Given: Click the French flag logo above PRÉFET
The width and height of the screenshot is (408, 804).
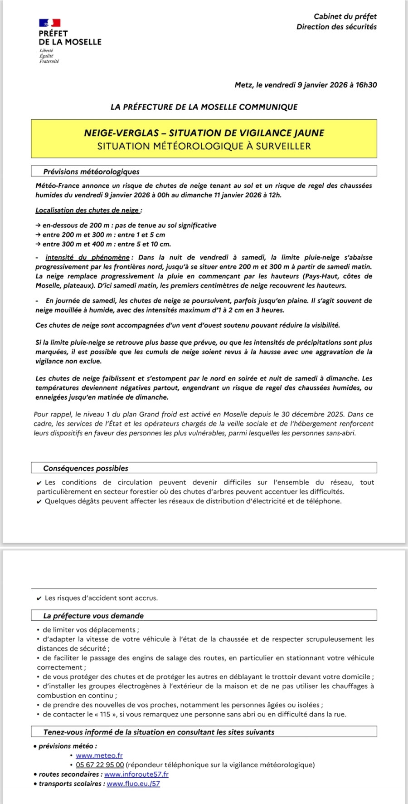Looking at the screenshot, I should (x=50, y=23).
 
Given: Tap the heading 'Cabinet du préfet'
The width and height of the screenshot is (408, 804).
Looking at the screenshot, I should (x=345, y=16).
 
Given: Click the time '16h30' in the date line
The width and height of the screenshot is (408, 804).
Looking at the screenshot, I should (x=366, y=85).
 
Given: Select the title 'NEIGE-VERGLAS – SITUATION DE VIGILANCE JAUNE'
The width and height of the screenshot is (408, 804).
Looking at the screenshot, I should (x=204, y=133).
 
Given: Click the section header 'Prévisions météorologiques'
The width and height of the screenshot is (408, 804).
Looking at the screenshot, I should (x=91, y=172).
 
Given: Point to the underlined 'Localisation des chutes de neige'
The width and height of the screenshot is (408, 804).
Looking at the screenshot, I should (x=87, y=210).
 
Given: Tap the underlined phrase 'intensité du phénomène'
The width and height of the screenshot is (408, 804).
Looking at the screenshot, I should (x=87, y=257).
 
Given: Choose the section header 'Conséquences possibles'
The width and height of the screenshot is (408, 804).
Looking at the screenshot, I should (x=86, y=468).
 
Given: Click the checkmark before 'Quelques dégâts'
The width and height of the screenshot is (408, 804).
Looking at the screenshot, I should (x=39, y=501).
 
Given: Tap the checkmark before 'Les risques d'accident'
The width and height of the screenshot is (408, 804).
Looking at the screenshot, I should (x=39, y=598).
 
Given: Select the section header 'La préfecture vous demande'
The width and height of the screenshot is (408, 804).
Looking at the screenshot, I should (x=93, y=616).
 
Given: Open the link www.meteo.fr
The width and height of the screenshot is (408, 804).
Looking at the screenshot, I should (x=99, y=755).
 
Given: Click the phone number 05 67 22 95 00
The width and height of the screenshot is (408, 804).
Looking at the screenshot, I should (x=100, y=765).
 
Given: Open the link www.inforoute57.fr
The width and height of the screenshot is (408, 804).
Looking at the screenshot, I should (x=136, y=774).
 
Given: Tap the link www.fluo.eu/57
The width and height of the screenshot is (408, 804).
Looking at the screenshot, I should (x=133, y=784).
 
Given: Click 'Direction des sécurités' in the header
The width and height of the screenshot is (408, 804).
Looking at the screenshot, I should (x=336, y=27).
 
